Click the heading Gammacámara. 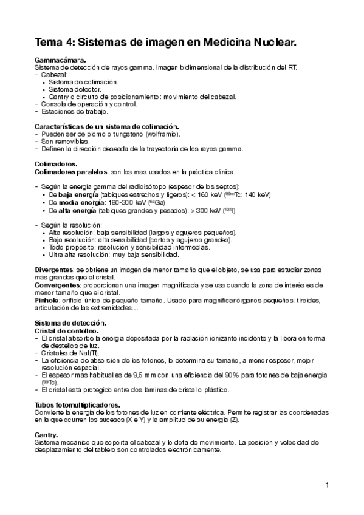(60, 60)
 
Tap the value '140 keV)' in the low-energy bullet (258, 194)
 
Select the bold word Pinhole (47, 300)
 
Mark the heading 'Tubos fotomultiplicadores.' (77, 404)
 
